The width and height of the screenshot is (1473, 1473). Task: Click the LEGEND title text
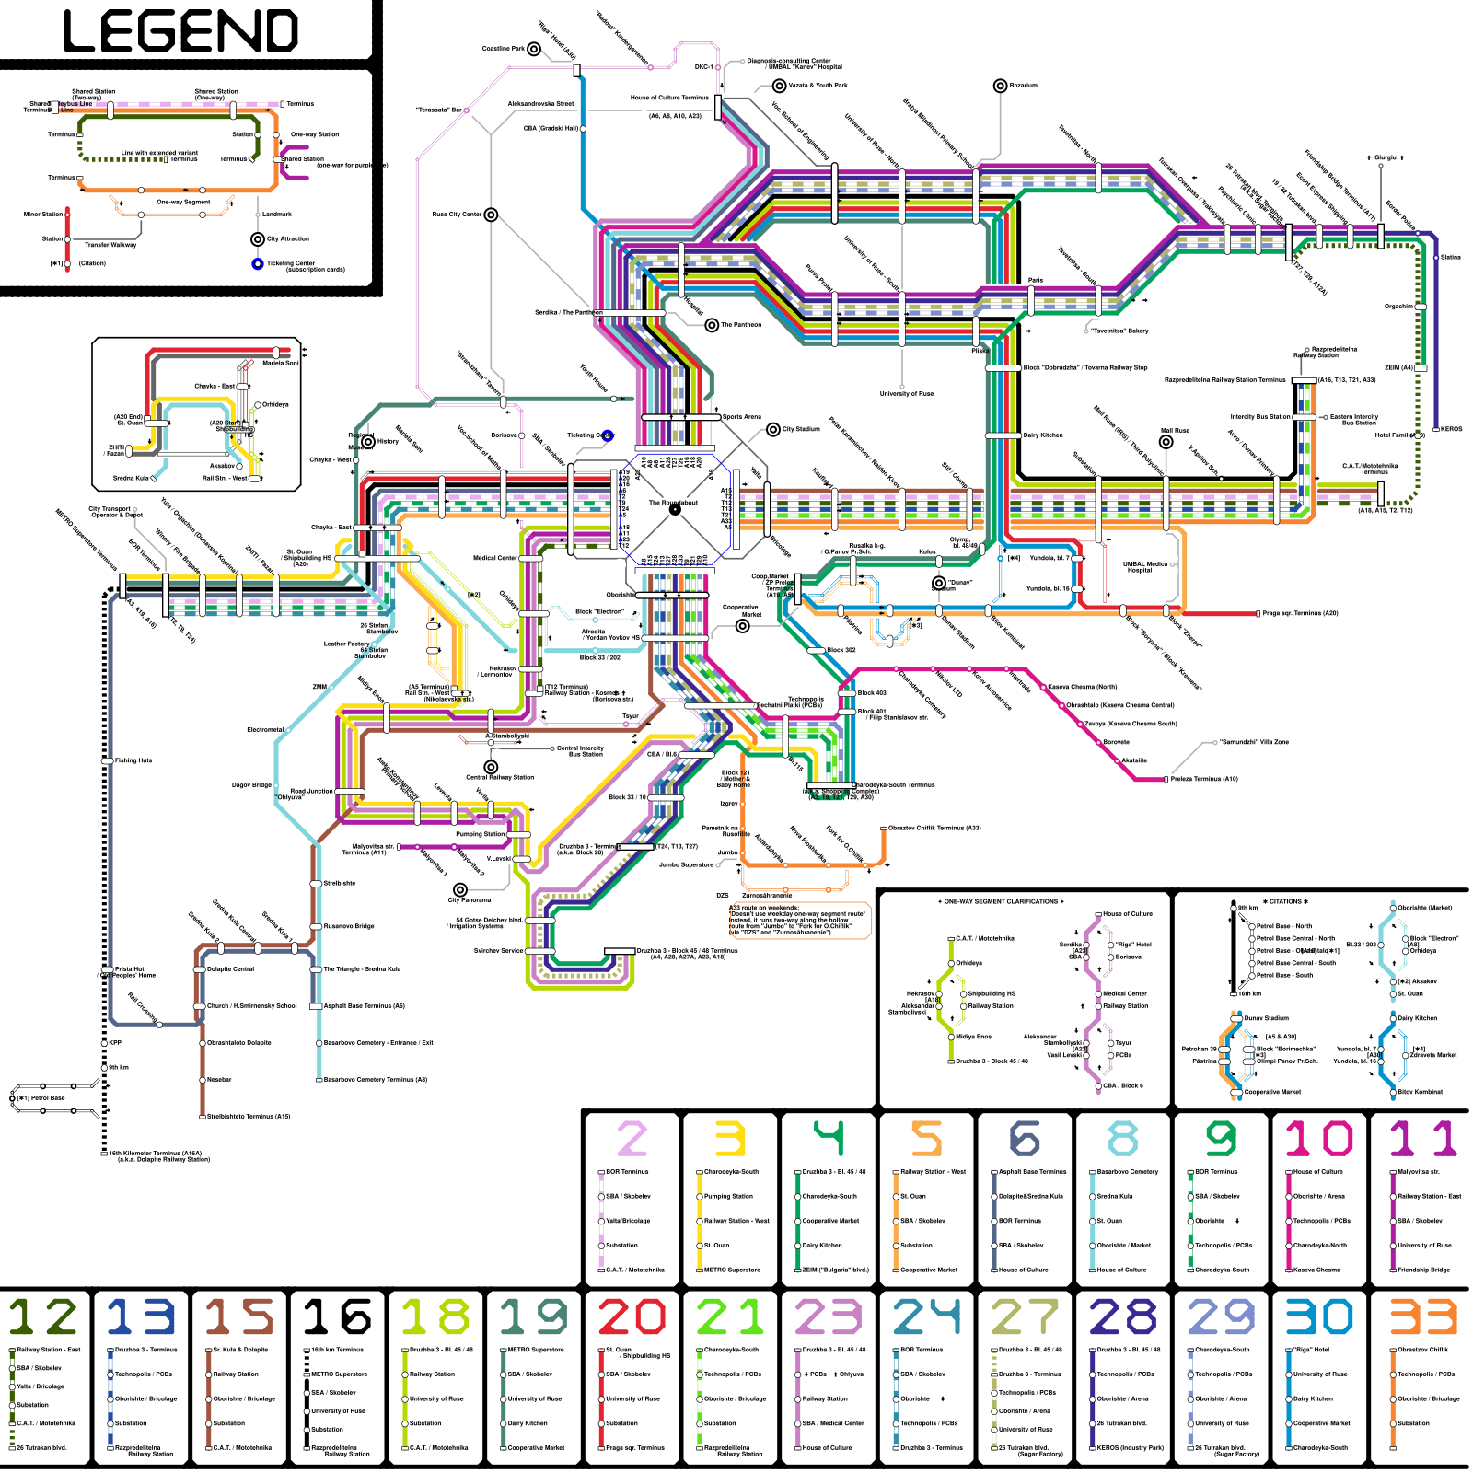click(x=181, y=31)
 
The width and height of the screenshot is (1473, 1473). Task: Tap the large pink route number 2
click(x=632, y=1139)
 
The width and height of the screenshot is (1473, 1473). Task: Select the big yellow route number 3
click(x=729, y=1139)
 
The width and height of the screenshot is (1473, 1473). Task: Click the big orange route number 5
click(x=927, y=1139)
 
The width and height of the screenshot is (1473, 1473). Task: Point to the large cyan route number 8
click(x=1122, y=1139)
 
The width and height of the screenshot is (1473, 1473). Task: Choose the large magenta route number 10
click(x=1319, y=1139)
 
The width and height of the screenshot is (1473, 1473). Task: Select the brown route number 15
click(x=239, y=1316)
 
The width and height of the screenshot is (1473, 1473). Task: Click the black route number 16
click(x=337, y=1316)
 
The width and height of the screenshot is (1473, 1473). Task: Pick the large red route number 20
click(x=632, y=1316)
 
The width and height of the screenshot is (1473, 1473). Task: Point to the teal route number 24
click(x=927, y=1316)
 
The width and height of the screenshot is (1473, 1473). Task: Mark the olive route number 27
click(x=1025, y=1316)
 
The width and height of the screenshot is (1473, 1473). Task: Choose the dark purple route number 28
click(x=1123, y=1316)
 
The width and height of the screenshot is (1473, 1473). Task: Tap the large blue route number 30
click(x=1319, y=1316)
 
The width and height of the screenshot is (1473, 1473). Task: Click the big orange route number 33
click(x=1422, y=1316)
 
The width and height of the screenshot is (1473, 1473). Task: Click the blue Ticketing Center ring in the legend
click(x=258, y=264)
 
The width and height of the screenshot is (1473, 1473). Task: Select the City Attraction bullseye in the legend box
click(x=258, y=239)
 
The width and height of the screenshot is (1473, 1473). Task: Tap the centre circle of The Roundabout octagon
click(x=675, y=508)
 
